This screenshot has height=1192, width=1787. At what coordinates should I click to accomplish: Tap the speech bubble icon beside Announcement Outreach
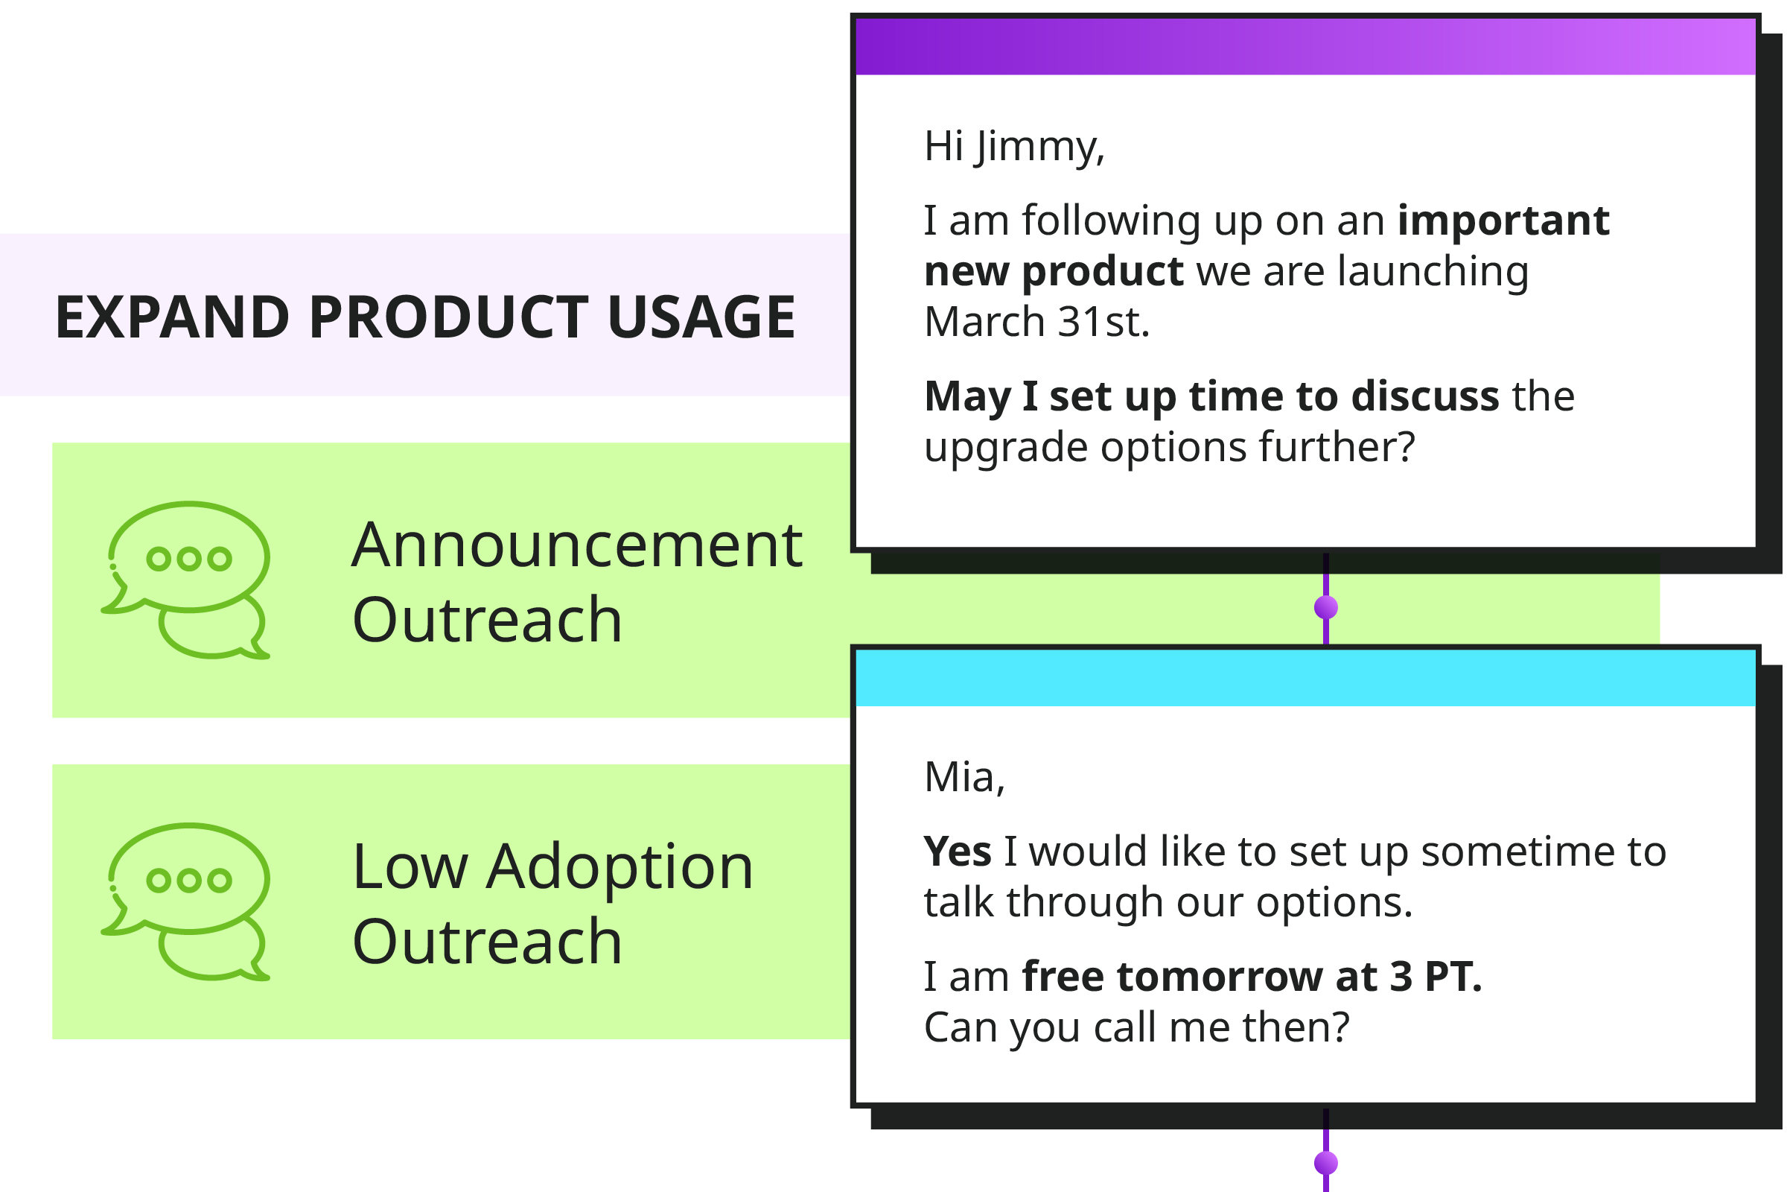tap(186, 580)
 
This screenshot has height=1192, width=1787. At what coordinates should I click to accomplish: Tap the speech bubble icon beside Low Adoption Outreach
tap(186, 901)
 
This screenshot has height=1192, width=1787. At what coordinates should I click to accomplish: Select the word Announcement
tap(576, 545)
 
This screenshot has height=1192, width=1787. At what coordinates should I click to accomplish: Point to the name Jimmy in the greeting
tap(1040, 147)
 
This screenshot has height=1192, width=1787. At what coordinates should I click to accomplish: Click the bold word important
tap(1503, 221)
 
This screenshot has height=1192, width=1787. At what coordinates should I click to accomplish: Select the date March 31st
tap(1036, 322)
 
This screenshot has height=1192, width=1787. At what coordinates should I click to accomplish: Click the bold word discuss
tap(1425, 396)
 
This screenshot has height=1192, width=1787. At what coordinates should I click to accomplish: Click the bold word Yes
tap(958, 852)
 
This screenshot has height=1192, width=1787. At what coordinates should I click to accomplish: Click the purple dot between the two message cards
tap(1326, 608)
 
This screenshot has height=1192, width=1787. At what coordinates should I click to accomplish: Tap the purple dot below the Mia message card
tap(1326, 1163)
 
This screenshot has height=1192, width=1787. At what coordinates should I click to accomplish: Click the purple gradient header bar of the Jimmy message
tap(1305, 47)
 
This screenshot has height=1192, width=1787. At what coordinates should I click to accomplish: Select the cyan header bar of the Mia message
tap(1305, 678)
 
